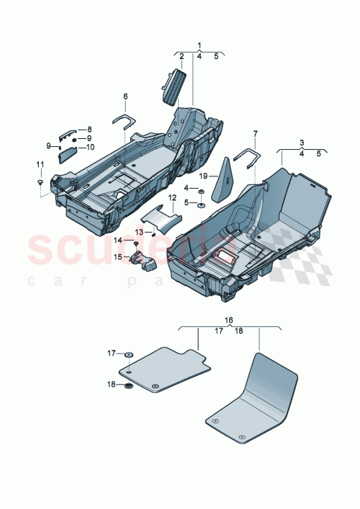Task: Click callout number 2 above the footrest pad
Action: pos(181,55)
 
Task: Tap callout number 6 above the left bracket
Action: pos(125,96)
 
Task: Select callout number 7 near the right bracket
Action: pos(256,134)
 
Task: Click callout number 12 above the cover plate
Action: pos(173,197)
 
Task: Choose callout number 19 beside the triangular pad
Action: pos(204,176)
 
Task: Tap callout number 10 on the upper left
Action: pos(91,147)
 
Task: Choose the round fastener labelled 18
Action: pos(128,387)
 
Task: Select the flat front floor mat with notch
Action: pos(164,369)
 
